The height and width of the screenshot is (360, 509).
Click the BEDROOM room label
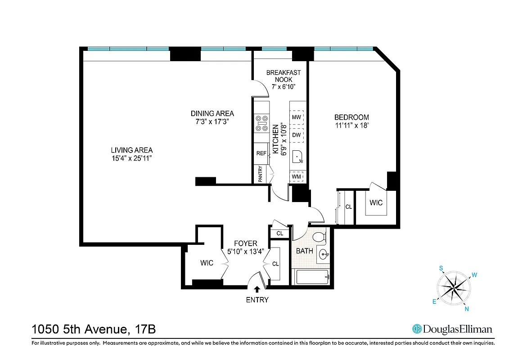coord(351,117)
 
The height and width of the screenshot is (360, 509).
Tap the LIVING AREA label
coord(132,150)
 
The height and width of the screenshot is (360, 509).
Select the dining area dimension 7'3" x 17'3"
coord(212,122)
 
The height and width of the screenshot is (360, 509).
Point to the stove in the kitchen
coord(261,123)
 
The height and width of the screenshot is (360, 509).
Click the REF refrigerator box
coord(261,153)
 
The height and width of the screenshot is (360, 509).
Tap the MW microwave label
coord(296,117)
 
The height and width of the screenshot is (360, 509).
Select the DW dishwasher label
coord(296,135)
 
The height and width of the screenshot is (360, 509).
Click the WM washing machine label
coord(296,177)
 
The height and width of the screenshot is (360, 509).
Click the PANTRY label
coord(261,175)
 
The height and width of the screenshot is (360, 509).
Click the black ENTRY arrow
coord(257,290)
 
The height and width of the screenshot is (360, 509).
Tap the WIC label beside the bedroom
coord(376,203)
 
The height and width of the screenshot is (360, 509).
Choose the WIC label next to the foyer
coord(207,263)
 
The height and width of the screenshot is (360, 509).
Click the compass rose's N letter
coord(467,309)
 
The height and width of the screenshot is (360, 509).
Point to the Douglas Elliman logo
coord(452,329)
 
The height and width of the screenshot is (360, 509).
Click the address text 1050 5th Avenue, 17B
coord(94,329)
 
